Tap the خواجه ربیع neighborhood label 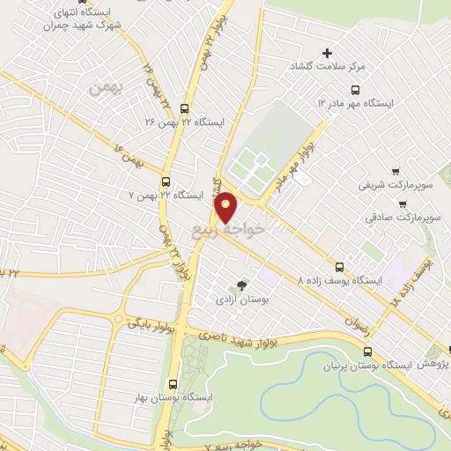(227, 231)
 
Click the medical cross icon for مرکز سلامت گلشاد (328, 54)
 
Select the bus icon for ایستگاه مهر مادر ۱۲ (355, 89)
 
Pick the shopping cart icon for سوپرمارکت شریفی (396, 172)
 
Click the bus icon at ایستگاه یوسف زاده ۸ (339, 266)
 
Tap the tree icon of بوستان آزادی (240, 285)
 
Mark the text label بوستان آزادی (240, 299)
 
